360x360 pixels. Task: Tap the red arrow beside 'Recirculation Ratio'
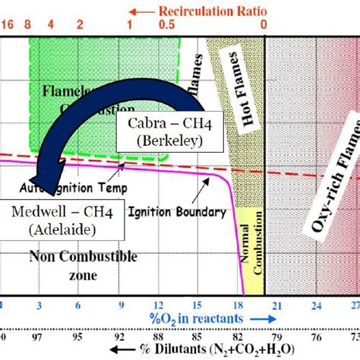(x=140, y=11)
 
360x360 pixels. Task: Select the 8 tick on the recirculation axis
(x=29, y=24)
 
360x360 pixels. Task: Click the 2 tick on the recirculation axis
(x=80, y=24)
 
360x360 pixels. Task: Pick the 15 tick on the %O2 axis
(x=199, y=305)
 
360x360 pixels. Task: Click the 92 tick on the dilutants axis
(x=119, y=335)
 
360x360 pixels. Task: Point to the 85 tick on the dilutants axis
(x=197, y=335)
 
